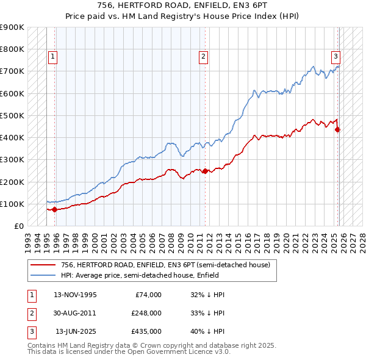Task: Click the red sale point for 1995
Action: pos(55,209)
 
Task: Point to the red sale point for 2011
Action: pos(205,171)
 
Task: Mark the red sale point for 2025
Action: pos(337,129)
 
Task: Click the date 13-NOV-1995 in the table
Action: pos(75,295)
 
